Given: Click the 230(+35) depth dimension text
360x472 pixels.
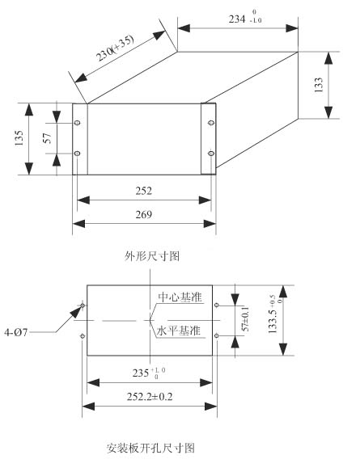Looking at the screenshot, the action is pyautogui.click(x=115, y=48).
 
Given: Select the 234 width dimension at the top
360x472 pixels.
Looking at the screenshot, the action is pyautogui.click(x=245, y=18).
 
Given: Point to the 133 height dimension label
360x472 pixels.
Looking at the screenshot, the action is pyautogui.click(x=318, y=85).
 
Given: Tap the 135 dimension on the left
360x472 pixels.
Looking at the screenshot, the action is pyautogui.click(x=19, y=138).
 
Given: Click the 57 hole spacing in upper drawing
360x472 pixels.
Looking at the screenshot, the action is pyautogui.click(x=48, y=138).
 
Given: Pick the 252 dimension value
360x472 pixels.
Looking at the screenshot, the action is pyautogui.click(x=144, y=191).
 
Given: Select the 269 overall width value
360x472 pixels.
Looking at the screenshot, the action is pyautogui.click(x=144, y=214).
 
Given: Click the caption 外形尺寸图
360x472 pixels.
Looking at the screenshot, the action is pyautogui.click(x=152, y=256).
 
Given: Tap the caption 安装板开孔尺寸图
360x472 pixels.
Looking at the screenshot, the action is pyautogui.click(x=150, y=448).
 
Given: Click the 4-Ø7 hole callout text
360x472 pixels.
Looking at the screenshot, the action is pyautogui.click(x=15, y=332).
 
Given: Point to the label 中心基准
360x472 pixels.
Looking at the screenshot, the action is pyautogui.click(x=180, y=297).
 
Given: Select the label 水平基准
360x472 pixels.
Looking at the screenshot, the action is pyautogui.click(x=178, y=331).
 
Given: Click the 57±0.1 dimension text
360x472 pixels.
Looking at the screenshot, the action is pyautogui.click(x=246, y=318).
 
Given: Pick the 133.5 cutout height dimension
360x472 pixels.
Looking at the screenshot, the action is pyautogui.click(x=275, y=314).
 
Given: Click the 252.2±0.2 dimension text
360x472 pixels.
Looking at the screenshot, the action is pyautogui.click(x=150, y=397).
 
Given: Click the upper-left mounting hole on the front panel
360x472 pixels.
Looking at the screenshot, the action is pyautogui.click(x=78, y=123).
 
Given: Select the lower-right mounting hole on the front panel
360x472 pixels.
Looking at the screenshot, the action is pyautogui.click(x=211, y=154).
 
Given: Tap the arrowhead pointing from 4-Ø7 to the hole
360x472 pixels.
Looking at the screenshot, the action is pyautogui.click(x=77, y=312).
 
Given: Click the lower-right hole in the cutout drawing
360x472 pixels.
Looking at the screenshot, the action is pyautogui.click(x=216, y=335).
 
